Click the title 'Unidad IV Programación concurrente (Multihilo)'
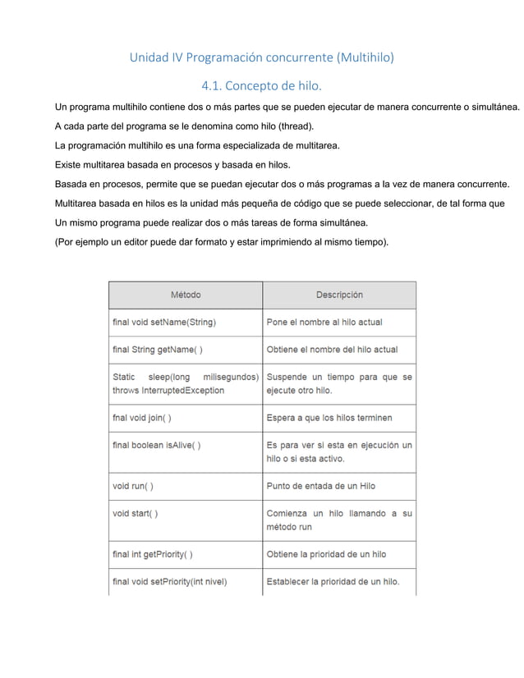262,58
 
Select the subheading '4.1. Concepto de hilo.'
262,85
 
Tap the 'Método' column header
185,295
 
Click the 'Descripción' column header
339,295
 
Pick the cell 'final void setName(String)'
164,322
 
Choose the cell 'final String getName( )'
157,350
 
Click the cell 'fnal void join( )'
141,418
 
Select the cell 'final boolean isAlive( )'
157,446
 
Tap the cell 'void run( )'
132,486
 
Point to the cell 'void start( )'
135,514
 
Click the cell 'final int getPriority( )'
153,554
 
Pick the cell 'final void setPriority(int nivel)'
169,582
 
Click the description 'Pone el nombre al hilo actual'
324,322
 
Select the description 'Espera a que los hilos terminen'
329,418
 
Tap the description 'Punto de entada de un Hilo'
321,486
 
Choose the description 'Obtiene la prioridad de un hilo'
326,554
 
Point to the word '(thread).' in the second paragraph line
291,127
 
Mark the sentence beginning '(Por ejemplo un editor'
222,243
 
